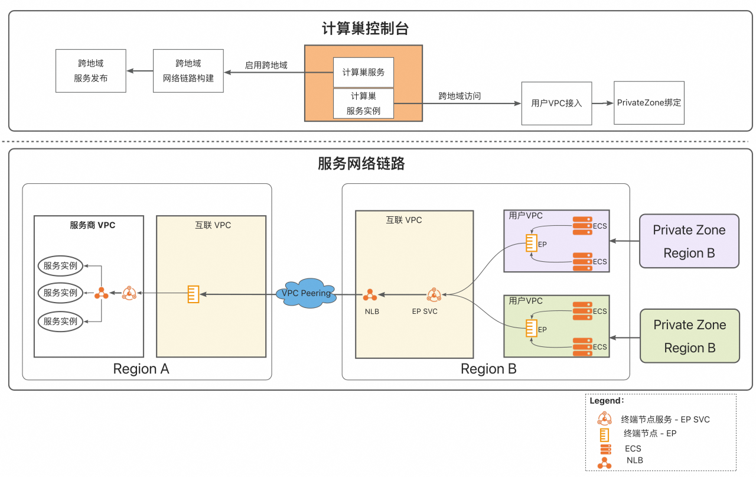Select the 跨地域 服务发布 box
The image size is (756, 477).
(91, 71)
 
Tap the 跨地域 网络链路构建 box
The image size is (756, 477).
(188, 71)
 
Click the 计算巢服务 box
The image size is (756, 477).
(363, 72)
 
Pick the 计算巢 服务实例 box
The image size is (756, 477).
(363, 103)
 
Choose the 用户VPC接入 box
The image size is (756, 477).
(556, 103)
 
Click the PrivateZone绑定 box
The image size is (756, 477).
(649, 103)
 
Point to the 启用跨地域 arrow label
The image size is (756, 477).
(266, 65)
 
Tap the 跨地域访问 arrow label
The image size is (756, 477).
(460, 96)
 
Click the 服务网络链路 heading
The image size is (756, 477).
(361, 164)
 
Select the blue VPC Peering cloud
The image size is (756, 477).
(306, 293)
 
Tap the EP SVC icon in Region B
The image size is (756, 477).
(434, 294)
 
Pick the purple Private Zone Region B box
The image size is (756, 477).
(689, 241)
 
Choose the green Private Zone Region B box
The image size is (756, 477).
(689, 336)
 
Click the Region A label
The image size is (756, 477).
(141, 369)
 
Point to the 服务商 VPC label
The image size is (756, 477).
(92, 225)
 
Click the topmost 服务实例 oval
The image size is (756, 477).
(61, 266)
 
